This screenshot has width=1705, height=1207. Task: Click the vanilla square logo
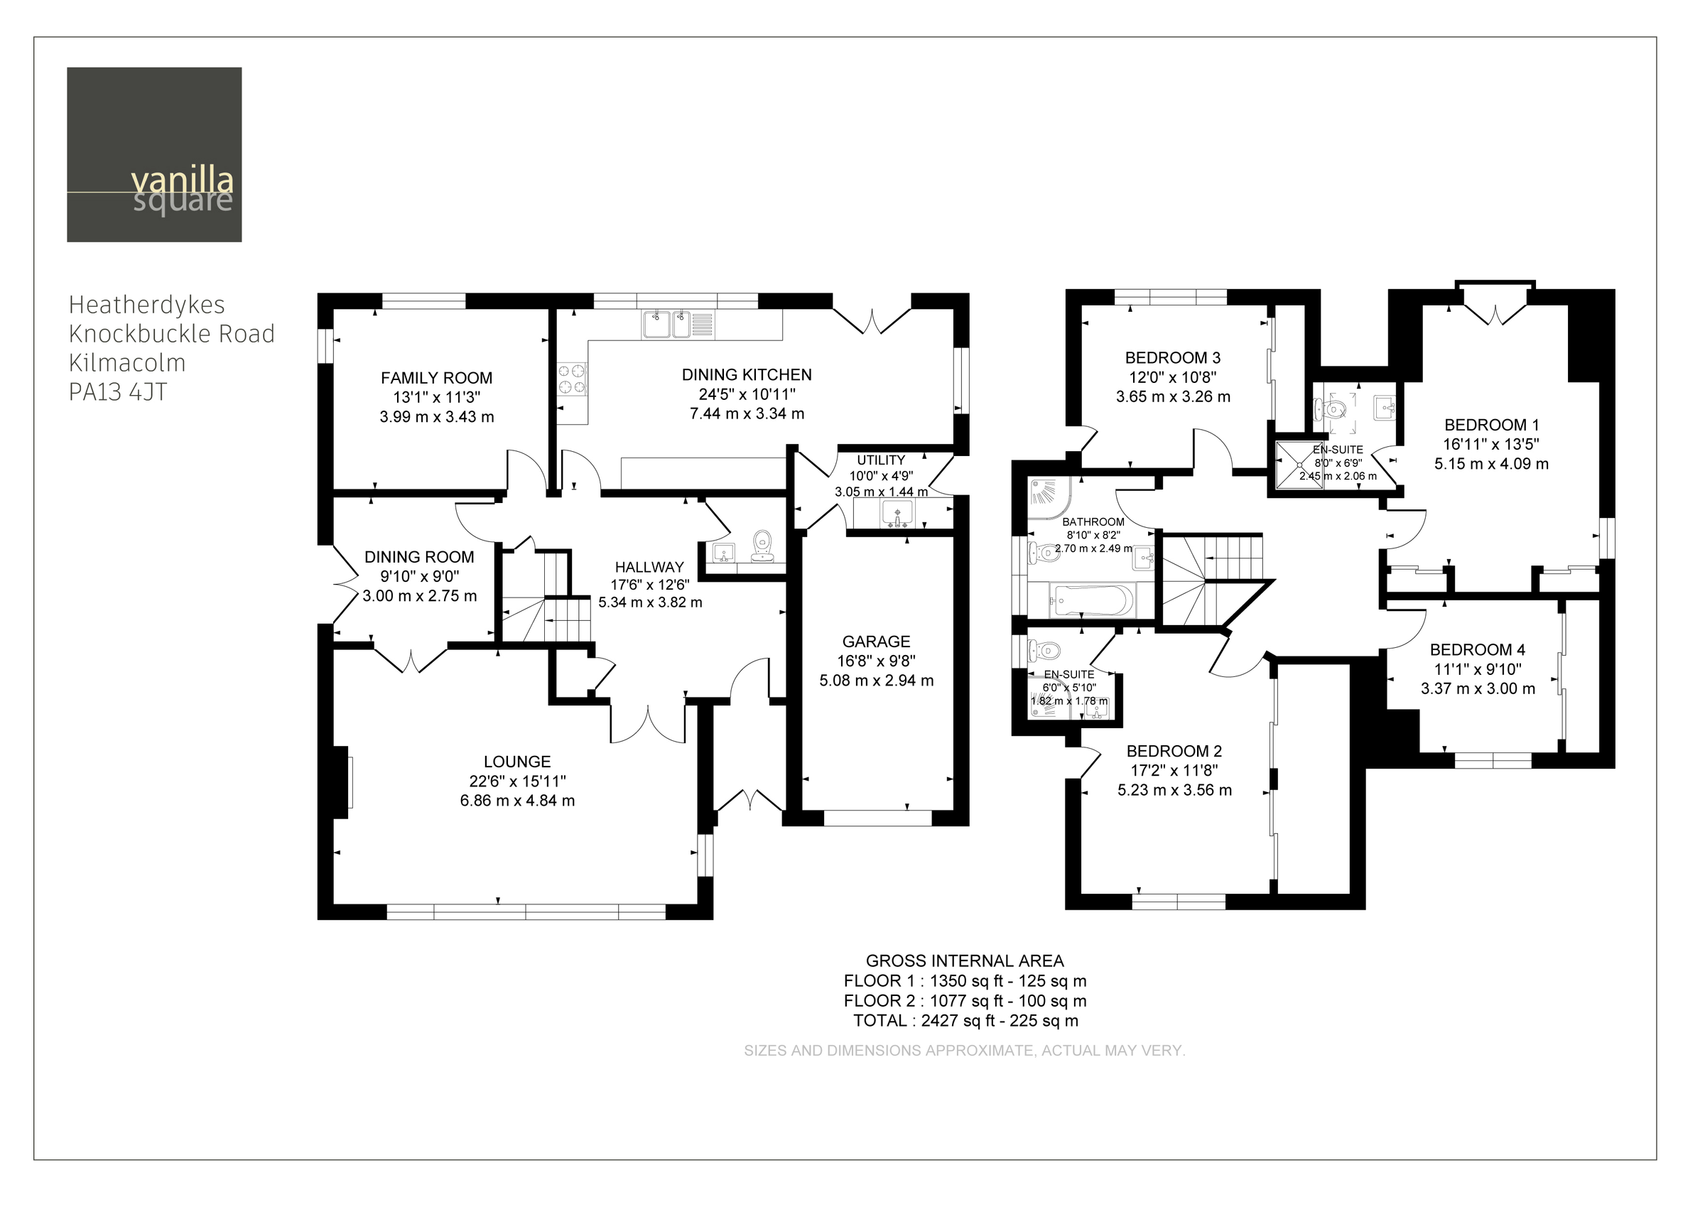(154, 155)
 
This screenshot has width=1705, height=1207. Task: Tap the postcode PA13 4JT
(117, 391)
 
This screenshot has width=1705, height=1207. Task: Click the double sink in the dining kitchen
(666, 325)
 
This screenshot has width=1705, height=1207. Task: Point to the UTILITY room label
(881, 460)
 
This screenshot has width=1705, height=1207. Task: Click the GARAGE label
(875, 642)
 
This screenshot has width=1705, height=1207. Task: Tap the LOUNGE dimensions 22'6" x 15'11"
(517, 781)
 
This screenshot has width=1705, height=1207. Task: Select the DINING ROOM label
(419, 557)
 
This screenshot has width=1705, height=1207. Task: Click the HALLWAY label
(649, 567)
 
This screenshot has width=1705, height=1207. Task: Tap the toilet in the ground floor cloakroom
(762, 546)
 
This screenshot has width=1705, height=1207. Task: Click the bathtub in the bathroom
(1092, 600)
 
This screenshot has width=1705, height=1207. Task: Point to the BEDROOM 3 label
(1172, 357)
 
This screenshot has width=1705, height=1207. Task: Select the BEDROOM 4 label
(1477, 649)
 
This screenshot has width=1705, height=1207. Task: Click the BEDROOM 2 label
(1174, 752)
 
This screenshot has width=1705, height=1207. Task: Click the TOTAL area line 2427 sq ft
(965, 1020)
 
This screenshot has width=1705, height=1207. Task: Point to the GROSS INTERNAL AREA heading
(965, 961)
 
